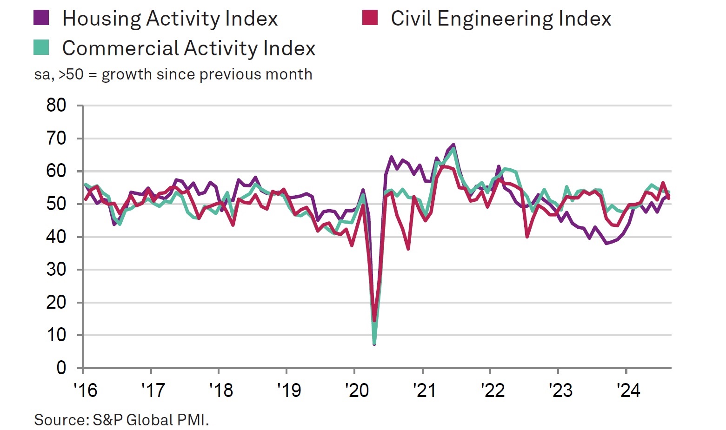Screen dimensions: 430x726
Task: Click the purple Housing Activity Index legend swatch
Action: click(x=41, y=18)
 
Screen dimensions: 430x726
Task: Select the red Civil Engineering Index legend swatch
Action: click(x=370, y=18)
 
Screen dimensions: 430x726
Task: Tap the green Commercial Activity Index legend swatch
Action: click(x=41, y=47)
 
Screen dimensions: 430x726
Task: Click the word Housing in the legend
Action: click(x=101, y=19)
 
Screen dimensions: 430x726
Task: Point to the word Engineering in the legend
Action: click(x=495, y=19)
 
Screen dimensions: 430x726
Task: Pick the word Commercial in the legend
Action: click(x=120, y=48)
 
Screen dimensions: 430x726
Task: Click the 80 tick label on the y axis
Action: click(x=56, y=106)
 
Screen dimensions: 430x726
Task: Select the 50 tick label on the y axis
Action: click(x=56, y=204)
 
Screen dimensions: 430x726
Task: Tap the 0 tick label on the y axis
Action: click(x=61, y=368)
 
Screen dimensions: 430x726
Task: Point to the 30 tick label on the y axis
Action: click(x=56, y=270)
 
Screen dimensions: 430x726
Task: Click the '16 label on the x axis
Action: click(x=86, y=390)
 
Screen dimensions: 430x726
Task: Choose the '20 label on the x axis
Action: click(x=357, y=390)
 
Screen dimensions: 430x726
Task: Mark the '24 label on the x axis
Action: click(x=629, y=390)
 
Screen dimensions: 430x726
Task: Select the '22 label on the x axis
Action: click(x=493, y=390)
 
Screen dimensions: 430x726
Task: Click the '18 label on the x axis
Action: click(x=221, y=390)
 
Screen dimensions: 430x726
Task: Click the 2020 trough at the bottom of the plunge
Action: click(x=374, y=343)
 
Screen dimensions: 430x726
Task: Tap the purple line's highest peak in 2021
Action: click(x=453, y=145)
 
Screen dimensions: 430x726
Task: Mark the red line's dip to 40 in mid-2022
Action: click(x=527, y=237)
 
